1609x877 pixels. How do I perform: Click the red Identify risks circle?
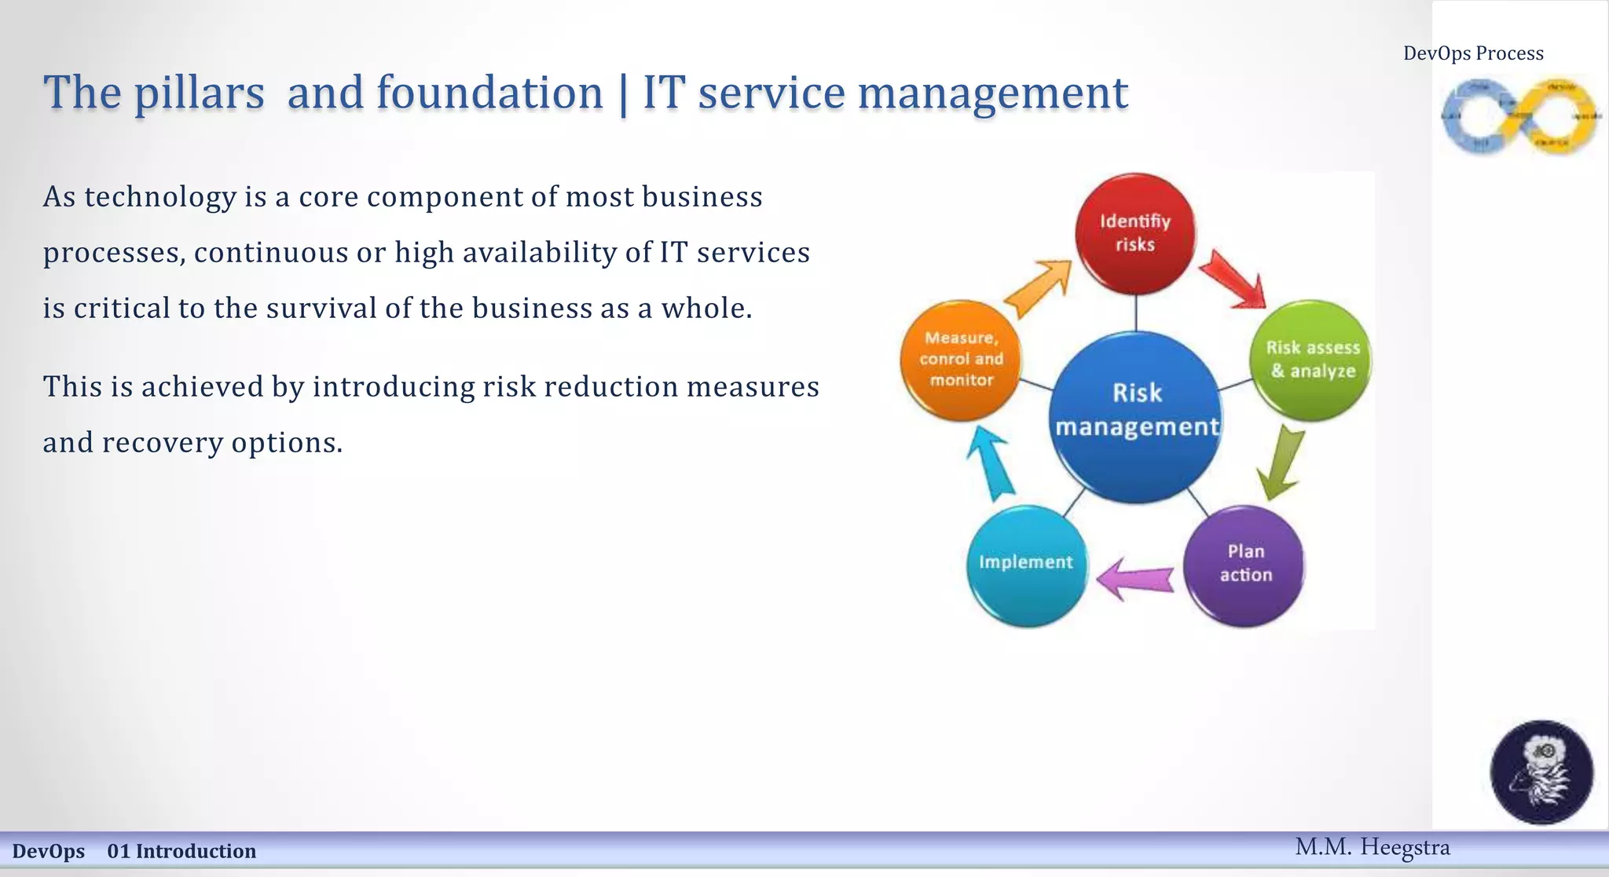(1135, 233)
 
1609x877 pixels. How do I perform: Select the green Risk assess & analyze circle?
(1311, 360)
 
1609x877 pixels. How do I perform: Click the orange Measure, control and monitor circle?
(961, 360)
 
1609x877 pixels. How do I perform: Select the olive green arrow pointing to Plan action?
(1280, 462)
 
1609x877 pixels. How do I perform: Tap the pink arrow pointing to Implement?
(1135, 579)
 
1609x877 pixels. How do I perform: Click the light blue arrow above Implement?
(990, 464)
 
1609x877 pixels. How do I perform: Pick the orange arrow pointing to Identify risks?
(1039, 287)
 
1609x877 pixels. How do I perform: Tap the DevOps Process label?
(1473, 53)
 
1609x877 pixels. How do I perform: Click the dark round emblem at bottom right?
(1541, 772)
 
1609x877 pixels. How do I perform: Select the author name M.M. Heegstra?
(1372, 847)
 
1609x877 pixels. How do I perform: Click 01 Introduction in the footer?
(181, 851)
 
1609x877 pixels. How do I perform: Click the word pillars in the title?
(199, 93)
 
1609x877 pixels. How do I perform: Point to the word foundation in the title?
(489, 93)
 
